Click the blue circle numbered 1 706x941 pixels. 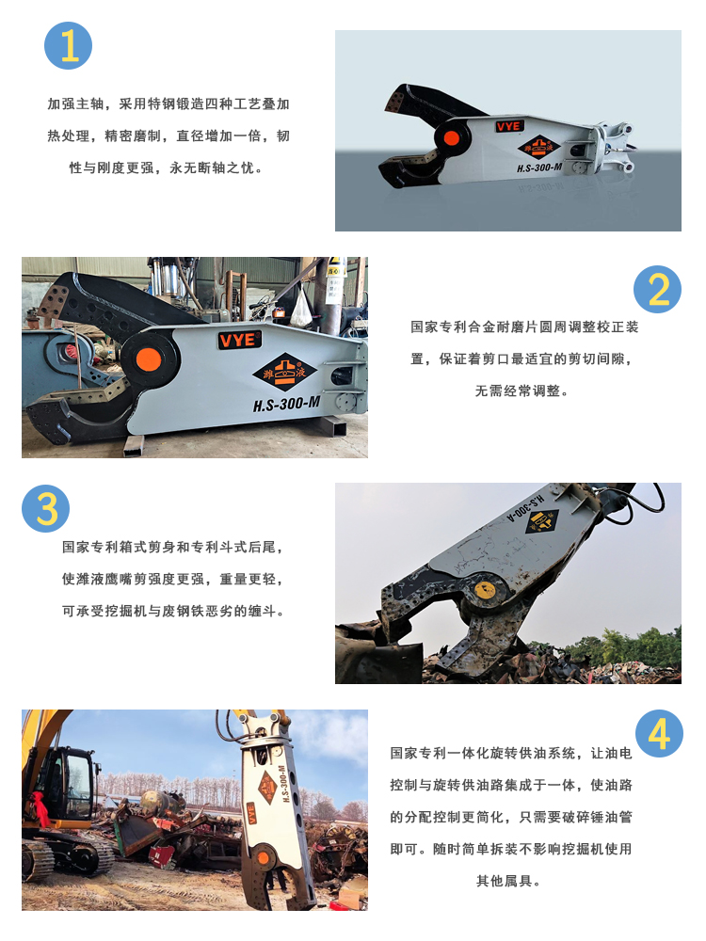pyautogui.click(x=69, y=46)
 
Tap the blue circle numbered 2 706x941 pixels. pyautogui.click(x=657, y=289)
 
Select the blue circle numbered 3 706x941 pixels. pyautogui.click(x=45, y=509)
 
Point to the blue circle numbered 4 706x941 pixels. pyautogui.click(x=659, y=733)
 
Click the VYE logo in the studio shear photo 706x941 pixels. pyautogui.click(x=509, y=126)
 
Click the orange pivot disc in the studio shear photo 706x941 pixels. pyautogui.click(x=452, y=138)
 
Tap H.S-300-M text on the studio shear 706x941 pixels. pyautogui.click(x=539, y=167)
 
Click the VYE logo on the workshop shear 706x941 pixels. pyautogui.click(x=239, y=341)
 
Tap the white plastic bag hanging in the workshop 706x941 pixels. pyautogui.click(x=301, y=309)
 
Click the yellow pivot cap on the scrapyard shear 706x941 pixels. pyautogui.click(x=485, y=589)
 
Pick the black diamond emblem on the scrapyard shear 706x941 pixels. pyautogui.click(x=541, y=520)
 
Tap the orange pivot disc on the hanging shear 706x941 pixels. pyautogui.click(x=264, y=857)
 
